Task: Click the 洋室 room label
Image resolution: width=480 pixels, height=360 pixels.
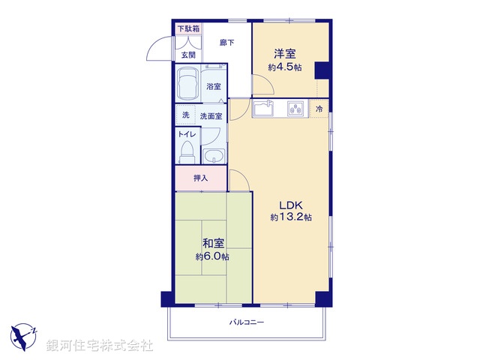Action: pyautogui.click(x=284, y=54)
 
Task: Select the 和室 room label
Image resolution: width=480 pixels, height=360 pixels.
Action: pyautogui.click(x=212, y=244)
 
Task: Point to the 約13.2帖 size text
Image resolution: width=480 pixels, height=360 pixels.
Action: pyautogui.click(x=292, y=217)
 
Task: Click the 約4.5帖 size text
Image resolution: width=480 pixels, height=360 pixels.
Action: pyautogui.click(x=284, y=67)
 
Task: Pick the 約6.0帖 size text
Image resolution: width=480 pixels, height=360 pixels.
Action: pyautogui.click(x=212, y=256)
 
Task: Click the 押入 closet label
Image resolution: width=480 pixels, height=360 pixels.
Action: pyautogui.click(x=200, y=178)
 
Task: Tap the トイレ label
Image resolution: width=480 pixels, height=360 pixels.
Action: pyautogui.click(x=187, y=135)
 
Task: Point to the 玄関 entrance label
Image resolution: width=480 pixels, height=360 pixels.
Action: pyautogui.click(x=187, y=55)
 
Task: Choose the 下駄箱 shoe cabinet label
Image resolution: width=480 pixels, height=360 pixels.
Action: pyautogui.click(x=188, y=29)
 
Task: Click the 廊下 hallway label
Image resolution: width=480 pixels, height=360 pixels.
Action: pyautogui.click(x=226, y=43)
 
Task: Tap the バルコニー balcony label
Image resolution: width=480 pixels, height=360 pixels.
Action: pyautogui.click(x=247, y=322)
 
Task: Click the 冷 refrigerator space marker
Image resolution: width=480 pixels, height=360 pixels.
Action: pyautogui.click(x=319, y=109)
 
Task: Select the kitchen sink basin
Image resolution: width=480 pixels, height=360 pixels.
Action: pyautogui.click(x=264, y=109)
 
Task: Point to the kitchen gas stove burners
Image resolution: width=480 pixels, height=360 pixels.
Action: pyautogui.click(x=296, y=109)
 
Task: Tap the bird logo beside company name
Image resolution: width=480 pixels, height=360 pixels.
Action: pyautogui.click(x=25, y=334)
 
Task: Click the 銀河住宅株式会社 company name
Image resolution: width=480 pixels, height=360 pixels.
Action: pyautogui.click(x=100, y=346)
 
